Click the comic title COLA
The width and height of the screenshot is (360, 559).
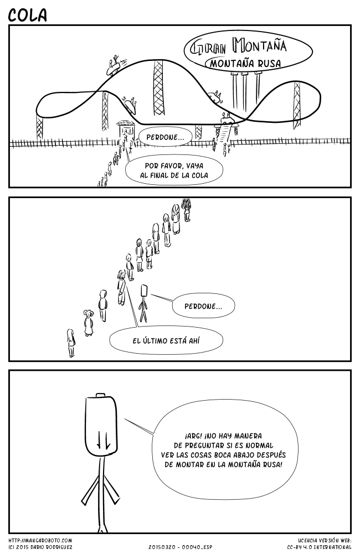point(28,15)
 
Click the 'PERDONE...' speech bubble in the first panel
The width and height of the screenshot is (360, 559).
point(166,136)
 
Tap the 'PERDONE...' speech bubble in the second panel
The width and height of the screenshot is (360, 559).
point(203,306)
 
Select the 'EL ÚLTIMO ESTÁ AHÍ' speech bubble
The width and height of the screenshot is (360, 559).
point(166,340)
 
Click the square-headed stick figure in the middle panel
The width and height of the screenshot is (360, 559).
point(145,302)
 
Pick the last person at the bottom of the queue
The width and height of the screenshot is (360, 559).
point(71,342)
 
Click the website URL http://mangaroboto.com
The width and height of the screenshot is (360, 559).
point(40,540)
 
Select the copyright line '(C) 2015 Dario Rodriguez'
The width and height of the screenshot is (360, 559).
point(40,547)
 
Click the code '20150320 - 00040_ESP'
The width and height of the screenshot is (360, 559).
point(180,547)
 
